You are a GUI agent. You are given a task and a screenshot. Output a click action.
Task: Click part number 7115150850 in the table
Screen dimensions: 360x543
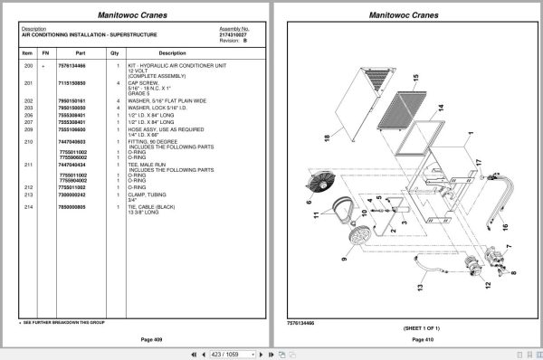tap(73, 83)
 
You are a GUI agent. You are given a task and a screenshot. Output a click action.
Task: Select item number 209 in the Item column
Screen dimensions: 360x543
tap(29, 130)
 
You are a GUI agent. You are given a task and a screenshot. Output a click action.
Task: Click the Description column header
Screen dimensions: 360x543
tap(172, 53)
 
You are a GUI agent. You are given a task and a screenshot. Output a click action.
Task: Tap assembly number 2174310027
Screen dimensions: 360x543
tap(233, 33)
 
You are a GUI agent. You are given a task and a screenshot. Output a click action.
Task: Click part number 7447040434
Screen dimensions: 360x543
tap(73, 164)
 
